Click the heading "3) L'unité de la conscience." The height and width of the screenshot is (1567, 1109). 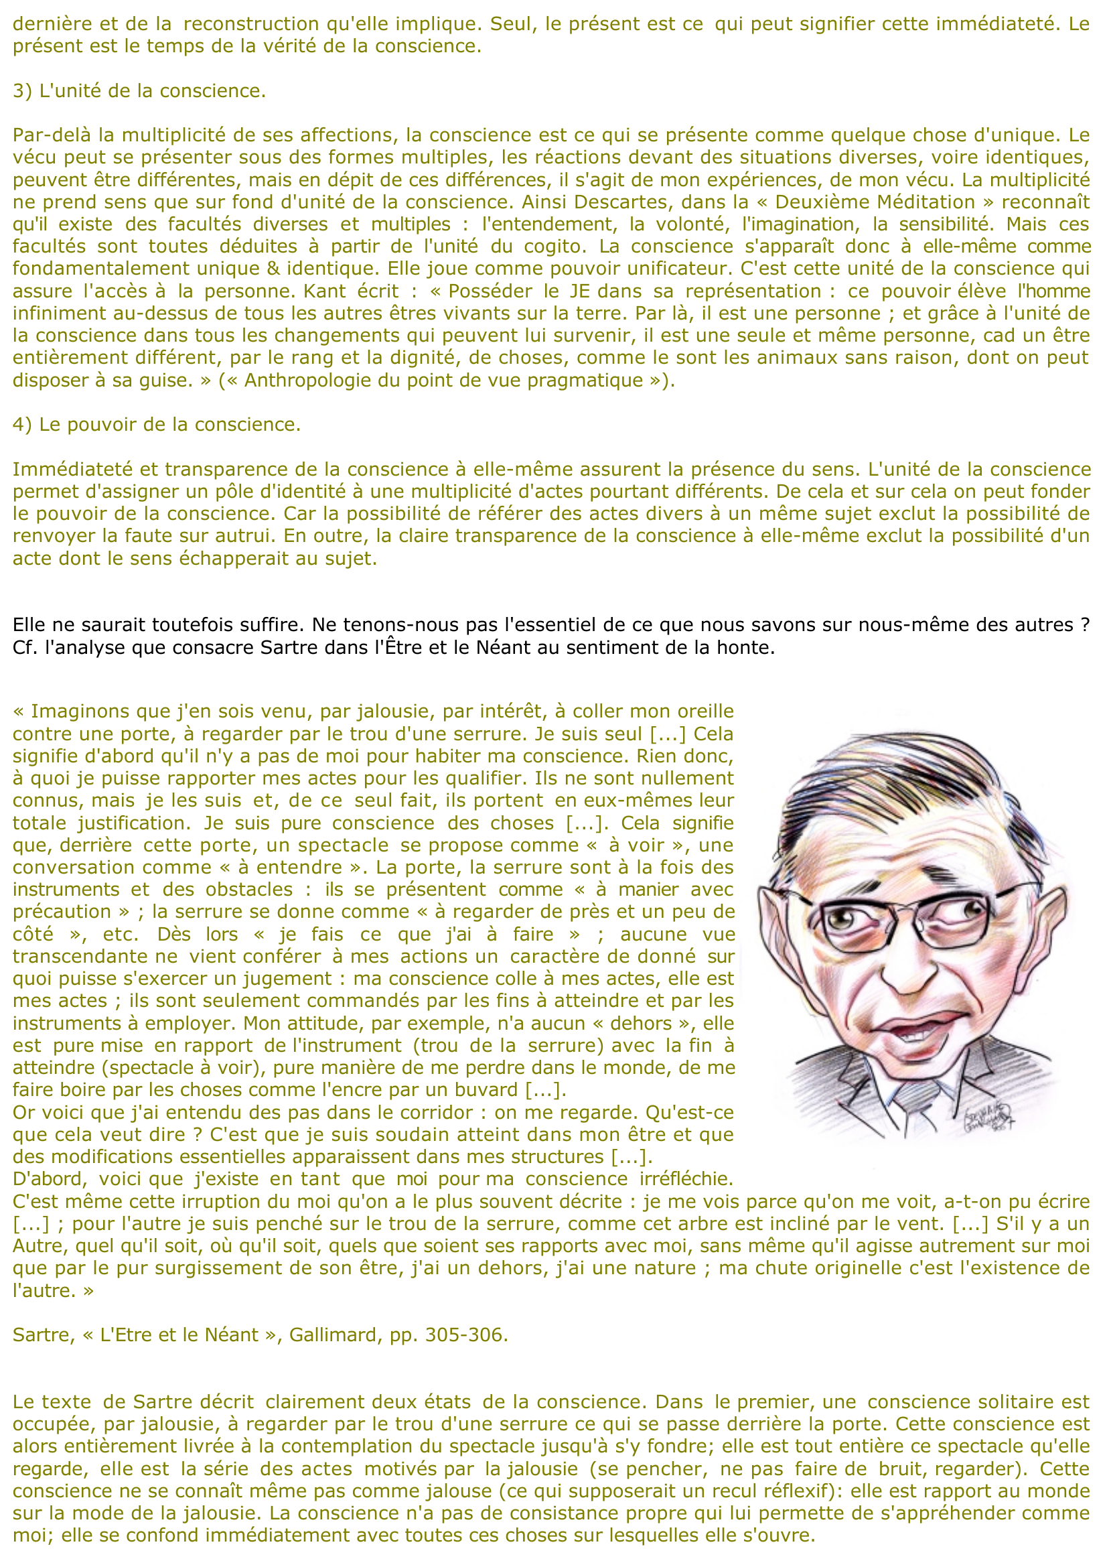click(139, 91)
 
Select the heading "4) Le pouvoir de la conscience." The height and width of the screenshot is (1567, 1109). click(157, 424)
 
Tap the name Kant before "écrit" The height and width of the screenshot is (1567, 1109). click(325, 291)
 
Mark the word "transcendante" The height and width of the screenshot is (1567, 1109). click(90, 956)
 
